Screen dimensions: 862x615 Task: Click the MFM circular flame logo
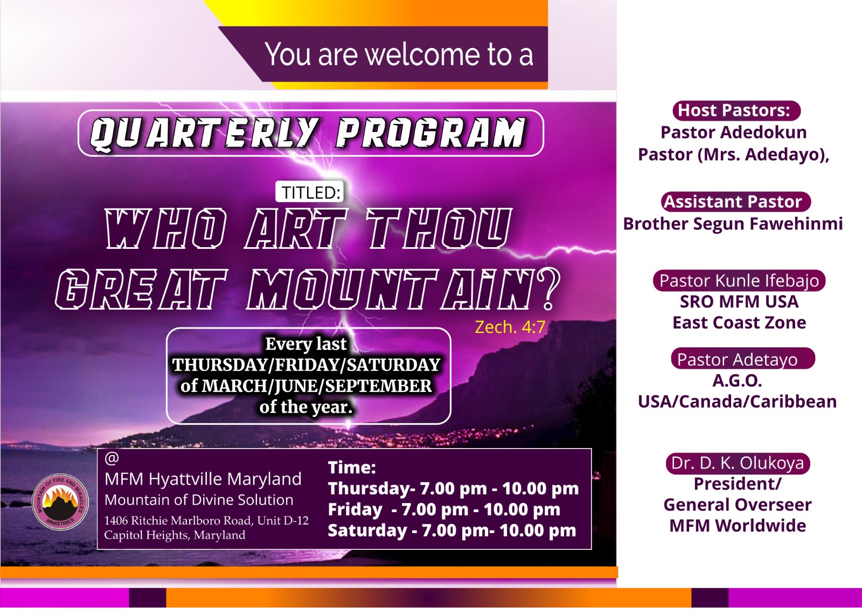tap(60, 501)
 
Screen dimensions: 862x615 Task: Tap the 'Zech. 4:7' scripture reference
tap(510, 327)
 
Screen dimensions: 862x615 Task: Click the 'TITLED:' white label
tap(310, 192)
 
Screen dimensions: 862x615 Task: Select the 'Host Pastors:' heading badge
tap(736, 110)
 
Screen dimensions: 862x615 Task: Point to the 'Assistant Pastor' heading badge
tap(735, 202)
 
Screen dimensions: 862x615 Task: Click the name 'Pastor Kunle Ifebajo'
tap(739, 281)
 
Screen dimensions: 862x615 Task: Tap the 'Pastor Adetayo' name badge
tap(743, 359)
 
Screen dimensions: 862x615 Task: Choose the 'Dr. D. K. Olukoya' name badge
tap(738, 464)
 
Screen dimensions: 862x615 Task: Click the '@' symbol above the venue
tap(112, 458)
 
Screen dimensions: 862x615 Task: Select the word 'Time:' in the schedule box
tap(352, 467)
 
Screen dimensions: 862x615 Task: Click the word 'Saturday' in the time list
tap(367, 530)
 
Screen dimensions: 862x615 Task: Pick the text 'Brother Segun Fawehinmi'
tap(733, 224)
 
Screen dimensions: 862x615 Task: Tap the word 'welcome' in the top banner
tap(422, 54)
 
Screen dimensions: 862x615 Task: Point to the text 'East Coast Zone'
tap(739, 323)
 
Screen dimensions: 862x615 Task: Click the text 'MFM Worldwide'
tap(738, 526)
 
